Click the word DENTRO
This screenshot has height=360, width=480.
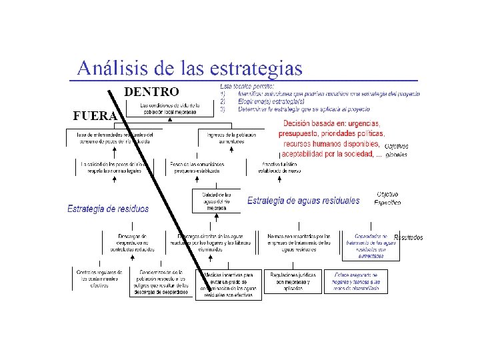coord(151,91)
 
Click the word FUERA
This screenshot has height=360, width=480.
coord(95,116)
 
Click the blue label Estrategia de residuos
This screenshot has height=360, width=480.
coord(108,209)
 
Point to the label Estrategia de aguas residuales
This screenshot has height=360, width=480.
coord(303,201)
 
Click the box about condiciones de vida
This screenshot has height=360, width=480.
coord(168,109)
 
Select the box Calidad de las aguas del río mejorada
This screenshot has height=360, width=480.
coord(216,201)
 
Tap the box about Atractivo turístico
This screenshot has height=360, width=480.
coord(271,167)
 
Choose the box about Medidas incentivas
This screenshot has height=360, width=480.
coord(229,285)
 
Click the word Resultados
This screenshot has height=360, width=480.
coord(408,237)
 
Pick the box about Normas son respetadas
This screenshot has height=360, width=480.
coord(298,243)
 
